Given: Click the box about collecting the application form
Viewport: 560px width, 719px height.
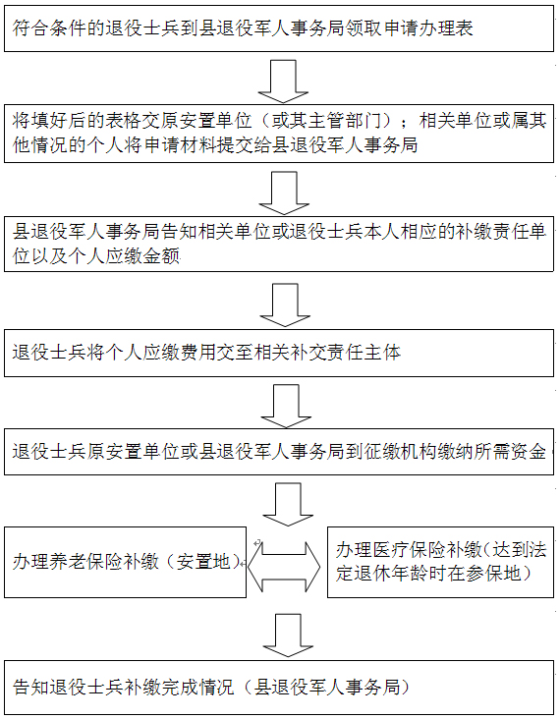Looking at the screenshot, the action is (279, 28).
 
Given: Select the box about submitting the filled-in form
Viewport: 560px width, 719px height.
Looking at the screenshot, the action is (279, 134).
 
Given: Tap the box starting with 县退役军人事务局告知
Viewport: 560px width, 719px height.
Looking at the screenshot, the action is (279, 244).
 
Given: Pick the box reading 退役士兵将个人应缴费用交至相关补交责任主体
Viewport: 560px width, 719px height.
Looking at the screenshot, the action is (279, 353).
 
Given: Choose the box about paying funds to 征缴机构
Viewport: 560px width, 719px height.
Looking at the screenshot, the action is (279, 452).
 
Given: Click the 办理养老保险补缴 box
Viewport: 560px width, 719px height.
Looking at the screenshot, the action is (125, 562).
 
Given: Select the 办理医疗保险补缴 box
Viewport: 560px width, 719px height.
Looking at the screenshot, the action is (440, 562).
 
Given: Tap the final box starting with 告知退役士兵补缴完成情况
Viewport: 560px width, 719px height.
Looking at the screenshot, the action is (279, 688).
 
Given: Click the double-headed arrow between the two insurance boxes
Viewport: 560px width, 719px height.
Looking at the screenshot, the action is (284, 567).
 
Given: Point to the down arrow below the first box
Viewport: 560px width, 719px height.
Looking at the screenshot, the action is (284, 82).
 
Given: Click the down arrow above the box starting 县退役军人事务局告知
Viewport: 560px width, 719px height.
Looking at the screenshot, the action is (284, 194).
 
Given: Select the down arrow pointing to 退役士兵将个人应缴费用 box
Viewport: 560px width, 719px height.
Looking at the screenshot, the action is (285, 304).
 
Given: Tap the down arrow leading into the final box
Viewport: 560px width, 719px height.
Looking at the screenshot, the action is (288, 636).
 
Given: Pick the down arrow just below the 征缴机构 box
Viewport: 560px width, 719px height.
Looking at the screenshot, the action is (288, 505).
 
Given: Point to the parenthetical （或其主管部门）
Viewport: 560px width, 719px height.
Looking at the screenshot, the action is (333, 122).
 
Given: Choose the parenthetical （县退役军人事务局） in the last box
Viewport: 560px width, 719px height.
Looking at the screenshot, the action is (327, 688).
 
